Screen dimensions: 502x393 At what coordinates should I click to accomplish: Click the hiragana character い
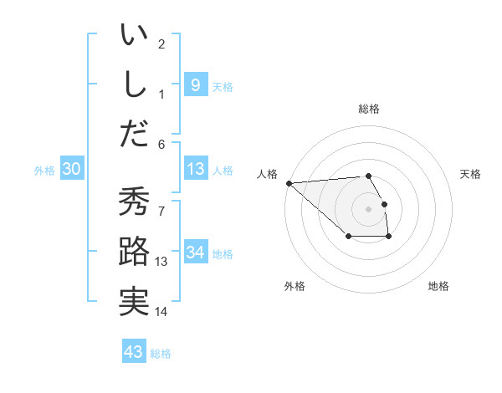click(134, 37)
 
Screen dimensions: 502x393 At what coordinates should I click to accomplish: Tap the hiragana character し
click(134, 85)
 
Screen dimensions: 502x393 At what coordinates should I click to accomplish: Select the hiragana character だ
click(134, 134)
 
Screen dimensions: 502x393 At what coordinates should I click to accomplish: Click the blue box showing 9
click(195, 84)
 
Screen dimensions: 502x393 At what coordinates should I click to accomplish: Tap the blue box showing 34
click(195, 253)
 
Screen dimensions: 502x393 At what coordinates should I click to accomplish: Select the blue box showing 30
click(72, 169)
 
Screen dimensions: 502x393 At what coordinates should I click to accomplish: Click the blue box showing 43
click(134, 352)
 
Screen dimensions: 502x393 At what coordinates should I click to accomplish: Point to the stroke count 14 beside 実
click(161, 312)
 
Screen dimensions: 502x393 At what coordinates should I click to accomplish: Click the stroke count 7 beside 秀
click(161, 203)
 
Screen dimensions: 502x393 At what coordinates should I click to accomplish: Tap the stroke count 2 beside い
click(161, 43)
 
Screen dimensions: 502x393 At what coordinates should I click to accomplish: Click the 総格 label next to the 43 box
click(161, 354)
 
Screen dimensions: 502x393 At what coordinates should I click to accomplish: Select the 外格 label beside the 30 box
click(44, 170)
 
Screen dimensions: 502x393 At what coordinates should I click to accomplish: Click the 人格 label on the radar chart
click(268, 174)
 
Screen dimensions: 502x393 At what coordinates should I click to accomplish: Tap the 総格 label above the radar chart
click(368, 109)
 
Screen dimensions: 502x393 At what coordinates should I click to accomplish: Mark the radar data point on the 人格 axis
click(289, 182)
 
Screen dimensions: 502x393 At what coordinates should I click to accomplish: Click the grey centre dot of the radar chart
click(368, 208)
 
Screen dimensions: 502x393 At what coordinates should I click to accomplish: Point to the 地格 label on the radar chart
click(438, 286)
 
